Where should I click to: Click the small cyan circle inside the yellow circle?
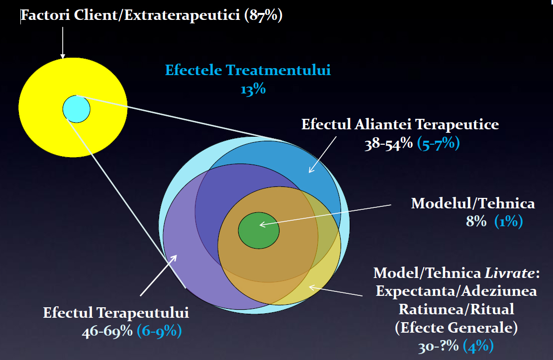click(77, 109)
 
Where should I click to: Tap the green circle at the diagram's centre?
click(259, 231)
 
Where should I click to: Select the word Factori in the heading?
click(45, 15)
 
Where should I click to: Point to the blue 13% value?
click(253, 89)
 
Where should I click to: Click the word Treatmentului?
click(278, 70)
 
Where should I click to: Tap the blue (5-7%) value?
click(439, 143)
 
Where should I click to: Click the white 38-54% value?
click(389, 144)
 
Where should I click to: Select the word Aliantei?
click(384, 124)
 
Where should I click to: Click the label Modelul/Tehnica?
click(473, 203)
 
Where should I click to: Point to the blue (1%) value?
click(509, 221)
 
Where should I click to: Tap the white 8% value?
click(476, 221)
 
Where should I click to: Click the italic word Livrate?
click(510, 273)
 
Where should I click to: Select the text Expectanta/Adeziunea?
click(457, 291)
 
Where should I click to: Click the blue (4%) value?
click(478, 346)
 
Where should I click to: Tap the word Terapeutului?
click(143, 313)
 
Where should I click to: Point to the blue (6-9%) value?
click(160, 331)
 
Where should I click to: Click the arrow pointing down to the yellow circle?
click(63, 43)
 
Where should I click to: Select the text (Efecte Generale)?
click(457, 328)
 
